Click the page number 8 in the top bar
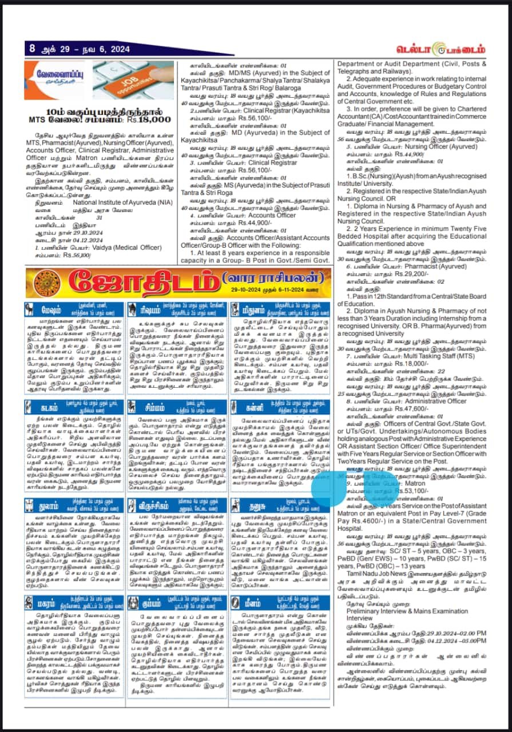pos(33,49)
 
